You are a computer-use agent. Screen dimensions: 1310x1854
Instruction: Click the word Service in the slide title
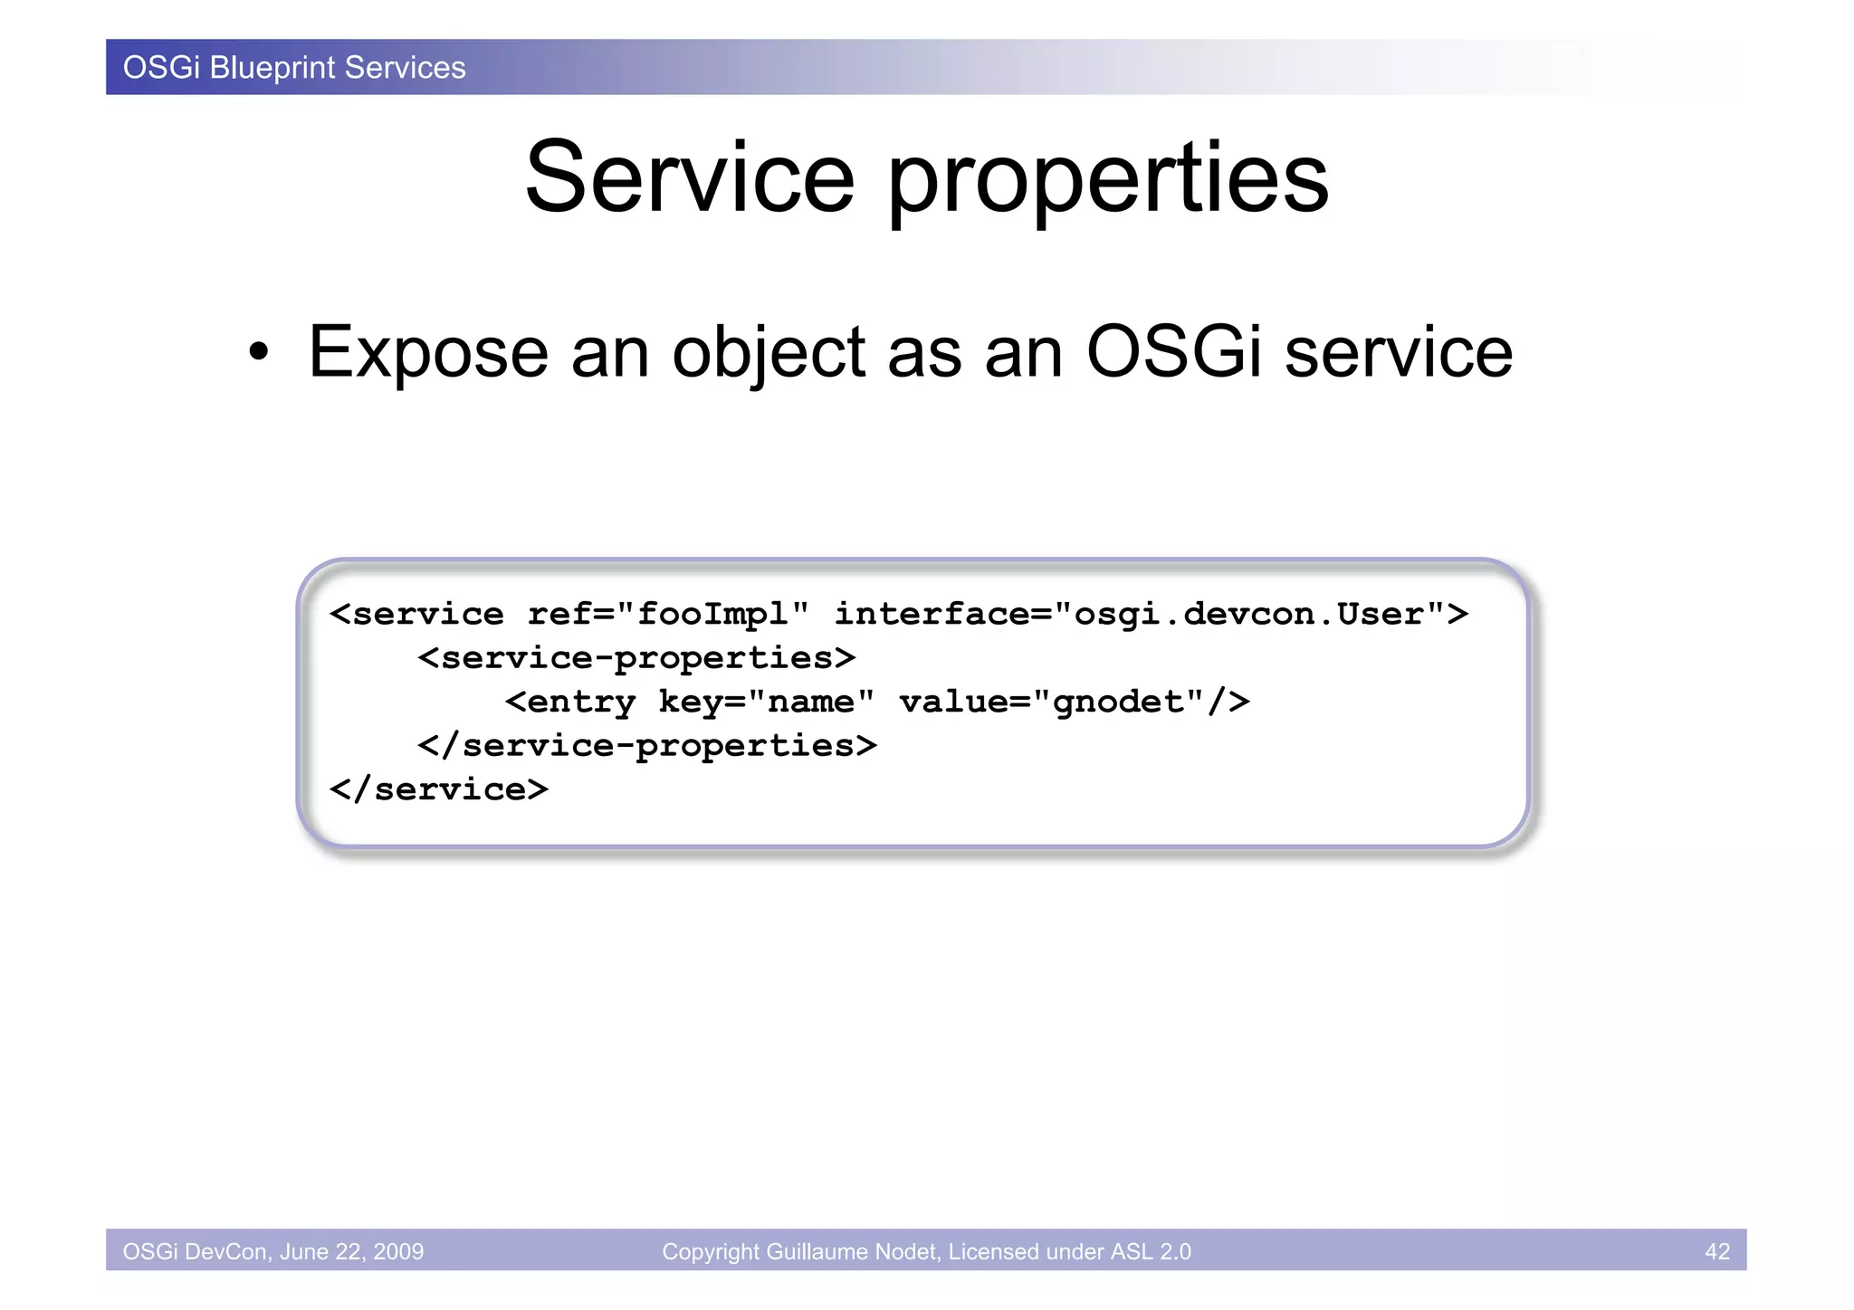(x=690, y=177)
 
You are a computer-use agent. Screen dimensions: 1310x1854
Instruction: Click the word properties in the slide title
(x=1107, y=181)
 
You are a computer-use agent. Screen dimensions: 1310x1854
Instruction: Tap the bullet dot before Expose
(x=259, y=354)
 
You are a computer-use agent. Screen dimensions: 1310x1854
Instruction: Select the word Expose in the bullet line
(x=428, y=353)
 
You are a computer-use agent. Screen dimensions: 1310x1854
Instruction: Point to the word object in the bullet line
(x=769, y=353)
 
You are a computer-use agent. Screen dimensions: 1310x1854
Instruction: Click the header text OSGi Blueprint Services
(x=294, y=68)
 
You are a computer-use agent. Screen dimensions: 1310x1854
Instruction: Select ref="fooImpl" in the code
(x=668, y=614)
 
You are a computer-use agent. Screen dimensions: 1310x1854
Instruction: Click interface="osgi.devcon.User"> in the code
(x=1151, y=614)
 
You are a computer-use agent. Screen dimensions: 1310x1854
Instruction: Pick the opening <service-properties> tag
(x=636, y=658)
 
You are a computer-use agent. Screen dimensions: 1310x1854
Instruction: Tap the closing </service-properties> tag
(x=647, y=746)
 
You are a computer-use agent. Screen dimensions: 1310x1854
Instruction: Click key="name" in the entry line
(x=766, y=702)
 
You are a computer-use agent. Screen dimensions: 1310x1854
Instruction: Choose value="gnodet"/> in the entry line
(x=1075, y=702)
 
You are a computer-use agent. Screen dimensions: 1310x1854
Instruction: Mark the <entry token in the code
(x=570, y=702)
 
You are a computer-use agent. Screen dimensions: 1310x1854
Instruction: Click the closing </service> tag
(x=439, y=789)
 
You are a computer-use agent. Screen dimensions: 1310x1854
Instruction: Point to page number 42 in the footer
(x=1716, y=1251)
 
